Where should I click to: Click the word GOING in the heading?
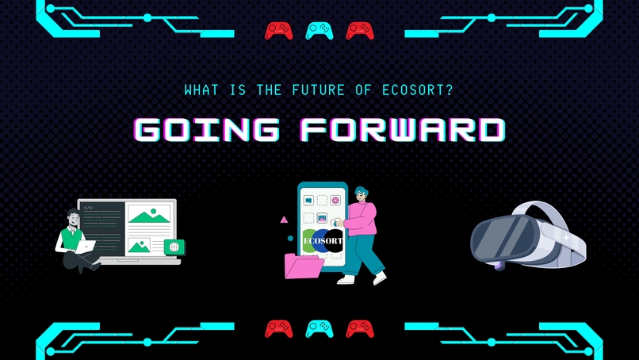[x=207, y=130]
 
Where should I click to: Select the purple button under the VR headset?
[x=499, y=266]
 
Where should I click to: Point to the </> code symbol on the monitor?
[x=88, y=208]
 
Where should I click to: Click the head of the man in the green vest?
[x=73, y=216]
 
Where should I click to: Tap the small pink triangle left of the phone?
[x=284, y=220]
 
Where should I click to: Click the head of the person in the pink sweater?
[x=361, y=194]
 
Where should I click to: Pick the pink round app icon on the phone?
[x=335, y=201]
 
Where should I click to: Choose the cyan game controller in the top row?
[x=319, y=30]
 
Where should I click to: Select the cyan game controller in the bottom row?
[x=319, y=328]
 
